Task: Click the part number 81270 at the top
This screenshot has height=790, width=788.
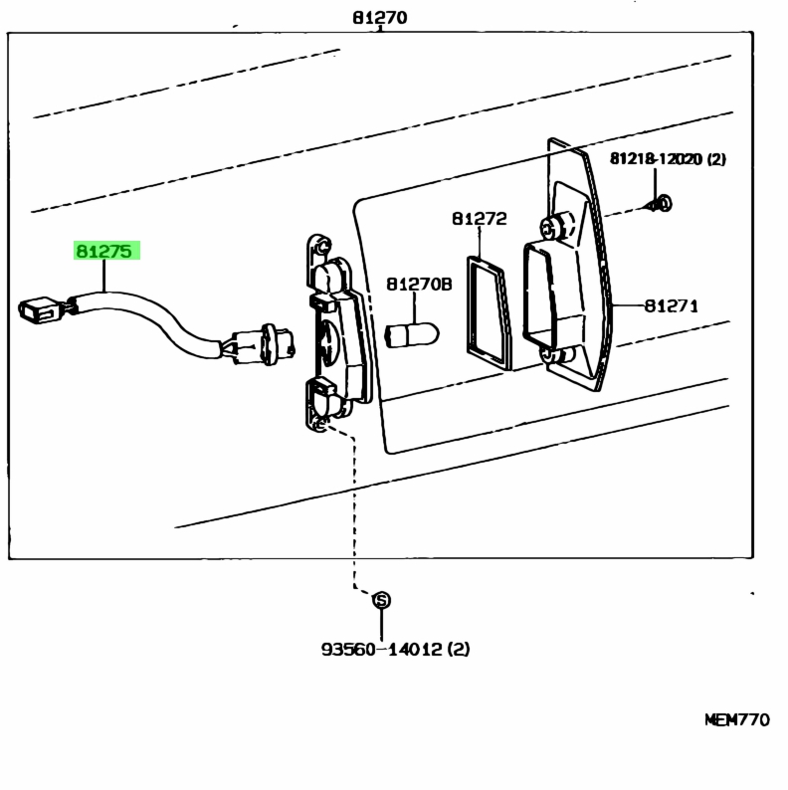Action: pos(380,18)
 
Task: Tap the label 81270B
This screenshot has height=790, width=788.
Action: pos(419,285)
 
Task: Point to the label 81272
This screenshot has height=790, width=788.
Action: pos(480,219)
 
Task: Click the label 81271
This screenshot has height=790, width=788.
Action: pos(672,305)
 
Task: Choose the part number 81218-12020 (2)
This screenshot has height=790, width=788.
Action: pos(668,159)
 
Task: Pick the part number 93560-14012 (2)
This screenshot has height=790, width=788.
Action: pos(396,649)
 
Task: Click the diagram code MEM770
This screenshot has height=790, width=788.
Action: pos(737,719)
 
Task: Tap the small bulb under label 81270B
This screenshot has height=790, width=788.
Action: pos(412,335)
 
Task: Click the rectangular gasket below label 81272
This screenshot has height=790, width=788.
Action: pos(487,312)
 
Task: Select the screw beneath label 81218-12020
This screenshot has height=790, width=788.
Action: pos(660,204)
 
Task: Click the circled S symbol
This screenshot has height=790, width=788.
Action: pos(381,600)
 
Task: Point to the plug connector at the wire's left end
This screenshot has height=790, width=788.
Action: pos(39,309)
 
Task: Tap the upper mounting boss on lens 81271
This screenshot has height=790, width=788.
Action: pos(556,226)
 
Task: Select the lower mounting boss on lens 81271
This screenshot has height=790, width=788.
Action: pos(557,354)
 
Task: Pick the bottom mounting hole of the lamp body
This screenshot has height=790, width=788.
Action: pos(319,426)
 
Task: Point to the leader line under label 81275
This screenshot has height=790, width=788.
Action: pos(104,276)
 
